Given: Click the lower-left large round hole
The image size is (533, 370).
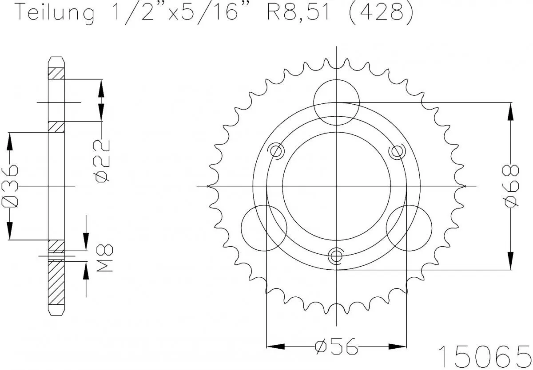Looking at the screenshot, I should [263, 228].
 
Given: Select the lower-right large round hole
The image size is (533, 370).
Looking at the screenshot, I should [409, 228].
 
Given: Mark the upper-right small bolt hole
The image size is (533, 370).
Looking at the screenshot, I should [395, 151].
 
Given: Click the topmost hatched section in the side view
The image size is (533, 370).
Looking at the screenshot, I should [56, 73].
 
